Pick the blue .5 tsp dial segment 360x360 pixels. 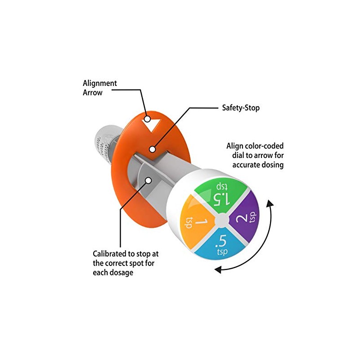[220, 243]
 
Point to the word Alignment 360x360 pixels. [99, 83]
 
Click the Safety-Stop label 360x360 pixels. [241, 108]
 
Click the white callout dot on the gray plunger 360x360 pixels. [148, 179]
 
